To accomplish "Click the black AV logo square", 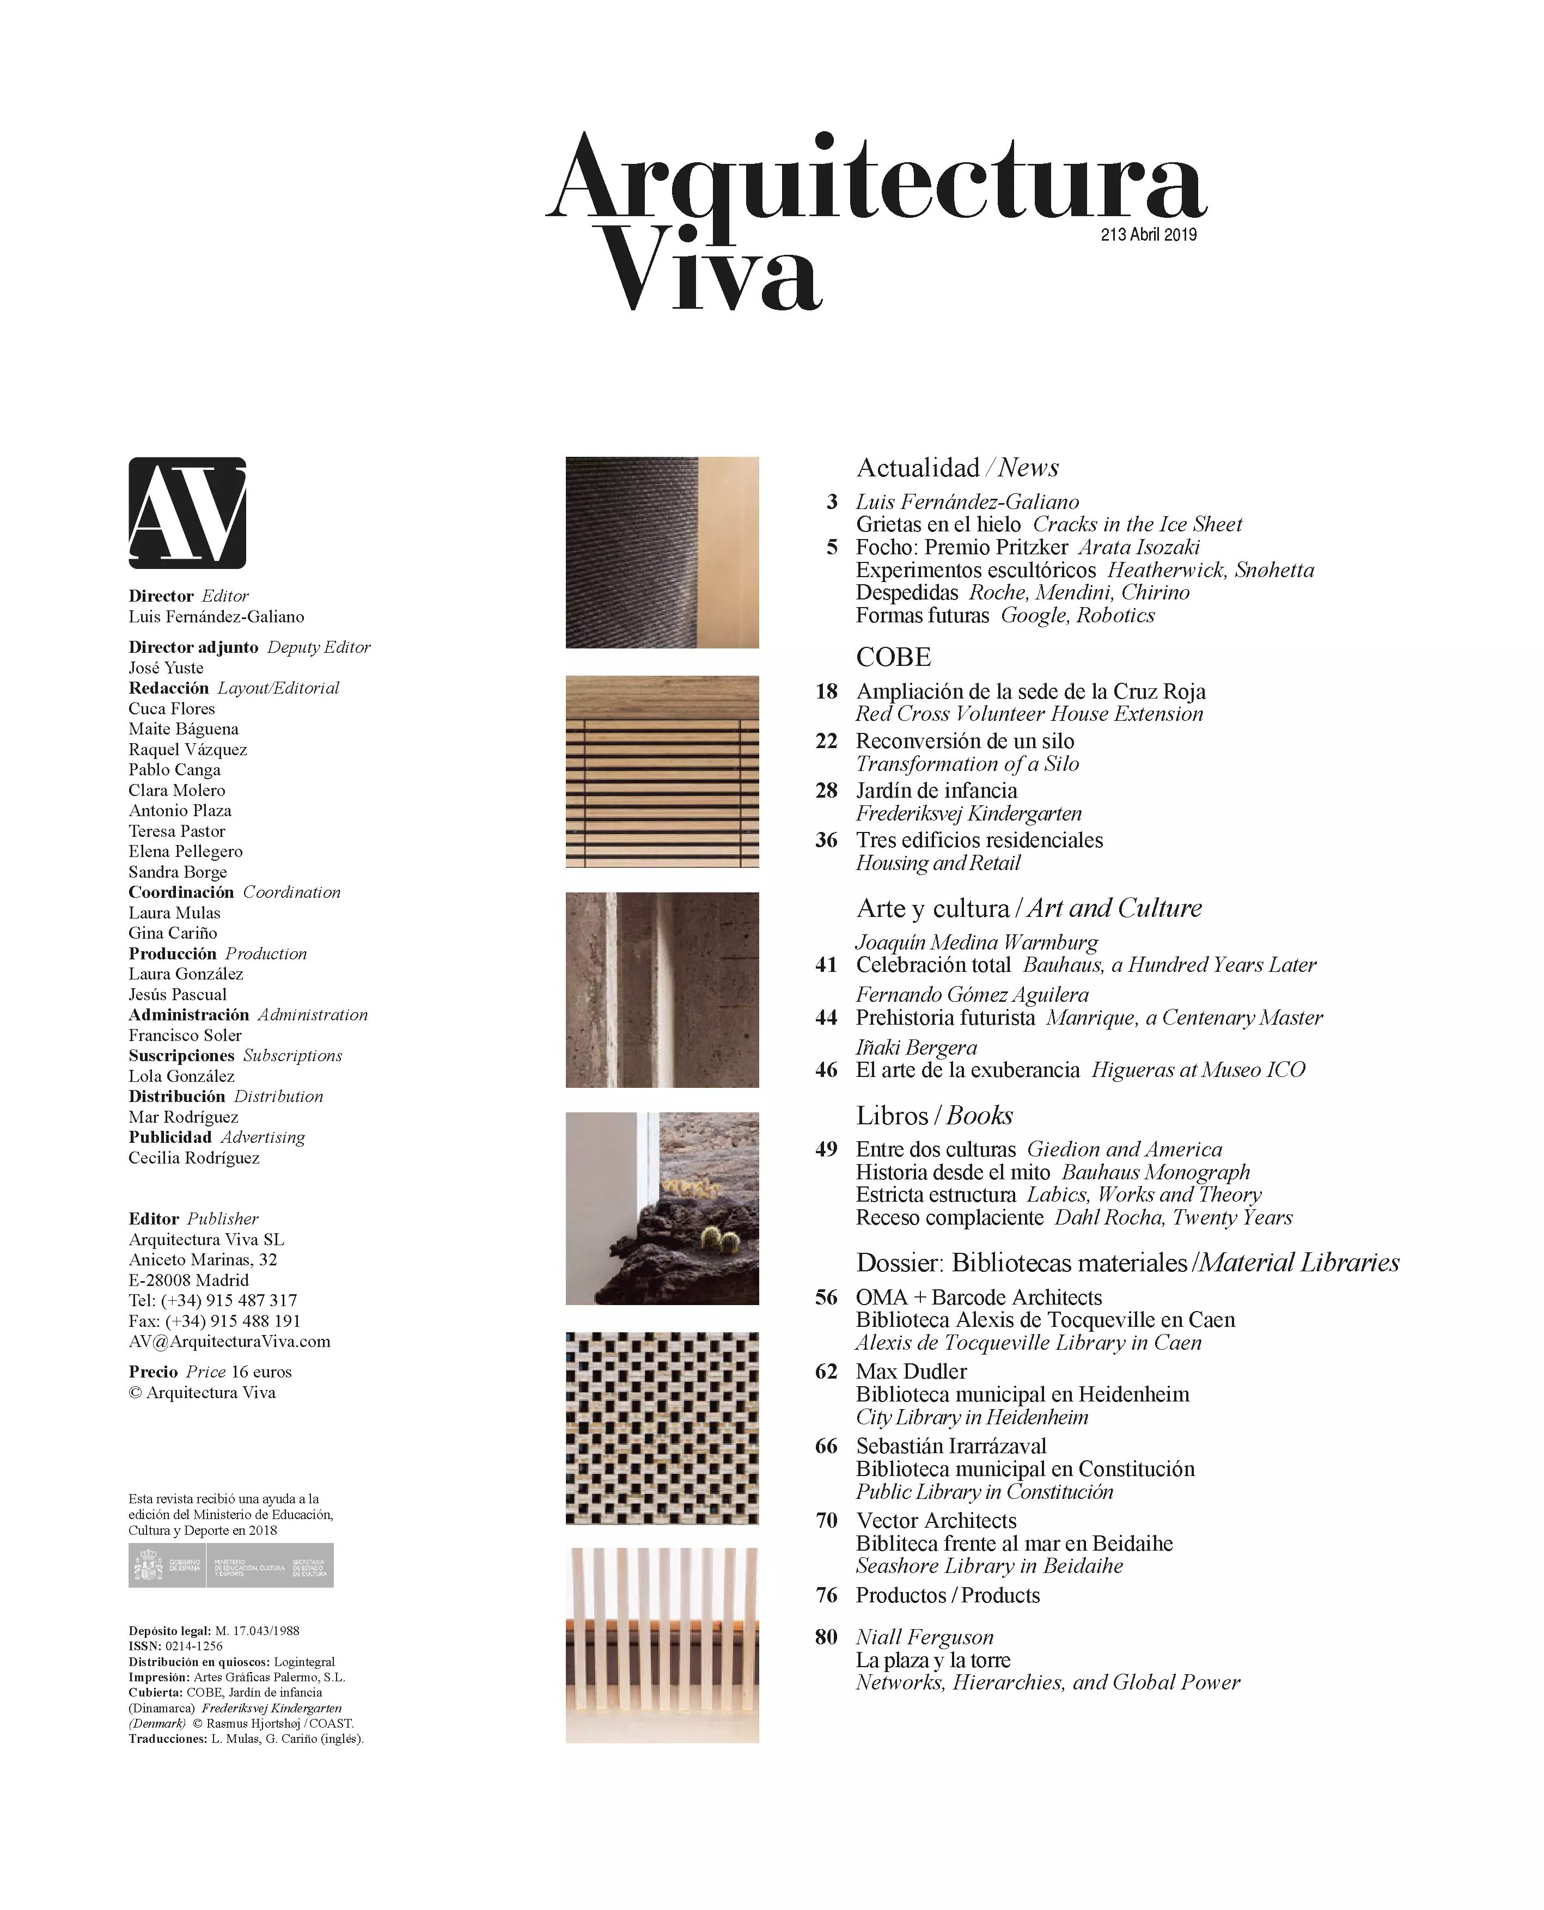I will tap(187, 513).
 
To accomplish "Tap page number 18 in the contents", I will tap(826, 692).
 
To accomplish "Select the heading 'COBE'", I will tap(893, 658).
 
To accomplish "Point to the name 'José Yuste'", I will tap(166, 668).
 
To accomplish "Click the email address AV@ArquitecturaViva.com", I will tap(229, 1342).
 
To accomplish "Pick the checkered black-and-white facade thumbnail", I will tap(662, 1429).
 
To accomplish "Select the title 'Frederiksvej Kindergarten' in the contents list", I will tap(968, 813).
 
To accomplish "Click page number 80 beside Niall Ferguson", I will tap(826, 1637).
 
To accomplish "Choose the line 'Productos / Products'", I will tap(947, 1595).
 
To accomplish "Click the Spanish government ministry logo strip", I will tap(231, 1566).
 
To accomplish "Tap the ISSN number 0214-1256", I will tap(194, 1646).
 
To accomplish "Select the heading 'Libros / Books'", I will tap(934, 1116).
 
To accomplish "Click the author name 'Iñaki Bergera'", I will tap(916, 1048).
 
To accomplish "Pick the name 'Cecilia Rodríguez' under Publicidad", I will tap(194, 1158).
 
